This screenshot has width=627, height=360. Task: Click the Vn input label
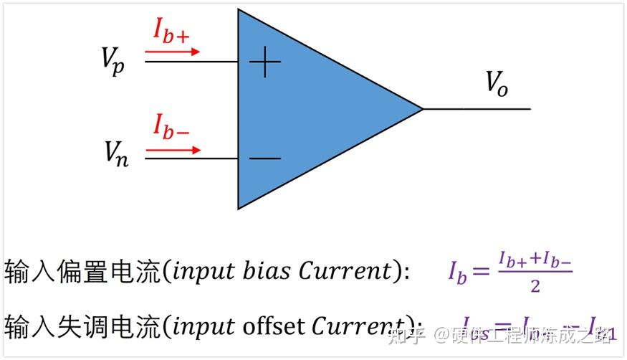tap(115, 153)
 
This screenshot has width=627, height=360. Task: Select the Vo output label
tap(497, 83)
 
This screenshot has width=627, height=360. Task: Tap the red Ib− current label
tap(171, 126)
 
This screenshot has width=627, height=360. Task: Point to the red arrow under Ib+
tap(172, 52)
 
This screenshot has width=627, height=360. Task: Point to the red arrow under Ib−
tap(173, 150)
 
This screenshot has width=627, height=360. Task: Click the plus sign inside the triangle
tap(264, 62)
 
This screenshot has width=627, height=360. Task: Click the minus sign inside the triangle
tap(264, 158)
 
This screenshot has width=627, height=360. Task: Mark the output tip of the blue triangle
tap(421, 109)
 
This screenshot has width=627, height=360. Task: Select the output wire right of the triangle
tap(477, 109)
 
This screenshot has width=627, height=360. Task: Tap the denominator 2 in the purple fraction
tap(535, 286)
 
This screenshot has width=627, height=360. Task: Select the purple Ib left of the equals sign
tap(457, 273)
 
